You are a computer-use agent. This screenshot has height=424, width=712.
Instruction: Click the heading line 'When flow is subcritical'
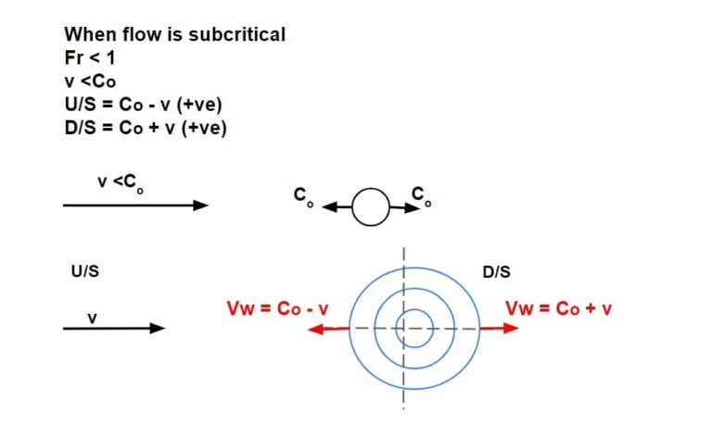(174, 34)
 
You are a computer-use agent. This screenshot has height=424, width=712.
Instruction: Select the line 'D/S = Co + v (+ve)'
(146, 128)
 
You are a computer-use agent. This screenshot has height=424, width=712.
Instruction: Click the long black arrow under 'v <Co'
(135, 206)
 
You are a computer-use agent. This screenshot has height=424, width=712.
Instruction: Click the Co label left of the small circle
(300, 196)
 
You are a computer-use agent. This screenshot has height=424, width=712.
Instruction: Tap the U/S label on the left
(84, 273)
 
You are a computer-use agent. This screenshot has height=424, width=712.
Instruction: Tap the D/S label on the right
(496, 273)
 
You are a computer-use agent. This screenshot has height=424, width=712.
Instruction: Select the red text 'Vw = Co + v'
(559, 308)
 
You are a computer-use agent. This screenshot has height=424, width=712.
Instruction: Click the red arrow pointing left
(328, 328)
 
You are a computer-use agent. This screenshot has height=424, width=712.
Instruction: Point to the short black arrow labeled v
(113, 328)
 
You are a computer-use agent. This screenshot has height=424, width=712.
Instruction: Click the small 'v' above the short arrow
(92, 318)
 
